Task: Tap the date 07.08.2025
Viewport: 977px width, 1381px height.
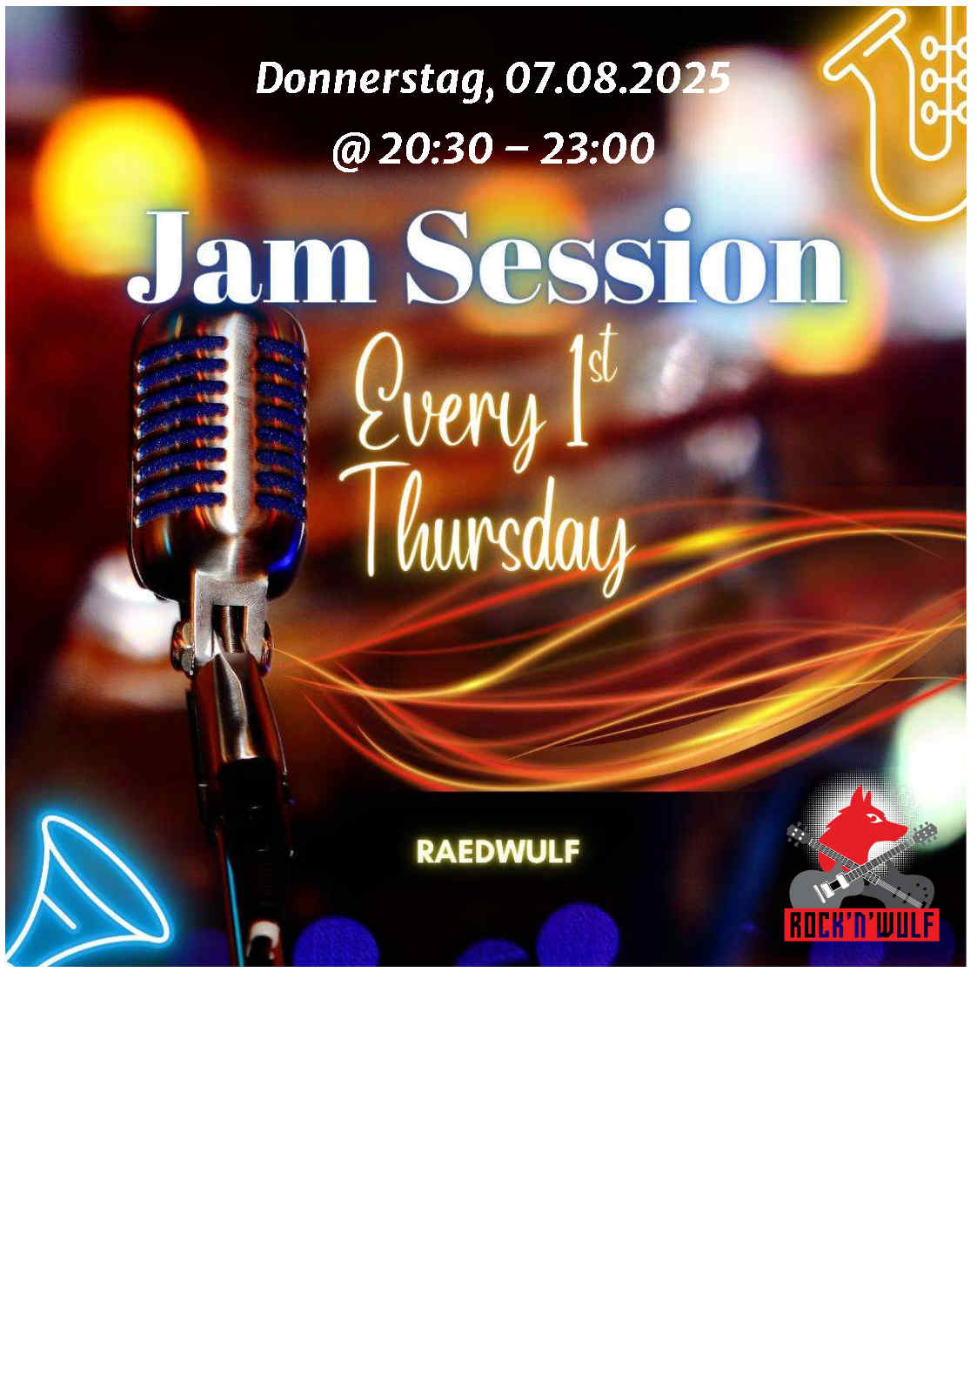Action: tap(618, 78)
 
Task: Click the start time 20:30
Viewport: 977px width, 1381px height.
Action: tap(436, 148)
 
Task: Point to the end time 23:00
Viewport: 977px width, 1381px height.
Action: tap(597, 148)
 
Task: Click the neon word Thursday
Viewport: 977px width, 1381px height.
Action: tap(487, 529)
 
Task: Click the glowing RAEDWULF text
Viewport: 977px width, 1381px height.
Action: tap(498, 852)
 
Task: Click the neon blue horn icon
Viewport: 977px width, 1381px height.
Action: tap(86, 892)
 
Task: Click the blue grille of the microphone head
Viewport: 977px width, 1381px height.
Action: tap(220, 432)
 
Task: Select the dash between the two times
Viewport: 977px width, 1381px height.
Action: tap(517, 150)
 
